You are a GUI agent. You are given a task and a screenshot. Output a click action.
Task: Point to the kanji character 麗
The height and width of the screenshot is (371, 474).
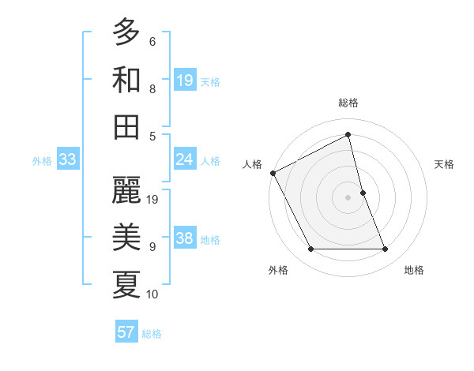[x=126, y=189]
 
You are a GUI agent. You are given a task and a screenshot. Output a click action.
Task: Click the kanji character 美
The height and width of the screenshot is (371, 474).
[x=126, y=236]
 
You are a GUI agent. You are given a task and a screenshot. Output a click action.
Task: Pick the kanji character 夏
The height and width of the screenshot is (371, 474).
[x=126, y=283]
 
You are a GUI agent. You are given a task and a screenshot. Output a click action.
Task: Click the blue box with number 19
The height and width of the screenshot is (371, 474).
[x=185, y=81]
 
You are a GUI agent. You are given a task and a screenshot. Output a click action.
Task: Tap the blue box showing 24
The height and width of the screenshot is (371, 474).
[x=185, y=160]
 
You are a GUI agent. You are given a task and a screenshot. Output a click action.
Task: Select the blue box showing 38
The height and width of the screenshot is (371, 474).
[x=185, y=239]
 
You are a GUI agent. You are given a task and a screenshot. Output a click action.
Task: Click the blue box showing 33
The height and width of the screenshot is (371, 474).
[x=68, y=160]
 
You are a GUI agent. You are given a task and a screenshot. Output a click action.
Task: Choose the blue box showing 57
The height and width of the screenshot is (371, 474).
[x=126, y=332]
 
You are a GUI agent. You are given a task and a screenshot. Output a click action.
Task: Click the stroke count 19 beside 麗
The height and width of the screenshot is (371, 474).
[x=153, y=200]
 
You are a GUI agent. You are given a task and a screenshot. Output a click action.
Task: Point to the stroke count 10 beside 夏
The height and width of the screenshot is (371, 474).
[x=153, y=294]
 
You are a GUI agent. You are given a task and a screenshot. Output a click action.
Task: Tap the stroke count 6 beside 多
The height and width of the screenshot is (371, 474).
[x=152, y=41]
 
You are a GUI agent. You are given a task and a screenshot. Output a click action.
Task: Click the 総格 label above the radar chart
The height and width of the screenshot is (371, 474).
[x=348, y=103]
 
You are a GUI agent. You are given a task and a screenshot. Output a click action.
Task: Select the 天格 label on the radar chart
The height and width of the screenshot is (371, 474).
[x=445, y=164]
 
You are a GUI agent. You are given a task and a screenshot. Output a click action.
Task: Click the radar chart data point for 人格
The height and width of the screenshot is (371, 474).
[x=273, y=173]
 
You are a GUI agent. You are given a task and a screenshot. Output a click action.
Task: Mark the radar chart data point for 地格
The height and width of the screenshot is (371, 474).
[x=386, y=249]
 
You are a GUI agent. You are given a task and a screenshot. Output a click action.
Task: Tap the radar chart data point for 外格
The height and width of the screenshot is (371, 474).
[x=311, y=249]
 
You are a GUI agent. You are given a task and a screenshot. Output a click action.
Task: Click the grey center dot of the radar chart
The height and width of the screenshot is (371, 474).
[x=348, y=197]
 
